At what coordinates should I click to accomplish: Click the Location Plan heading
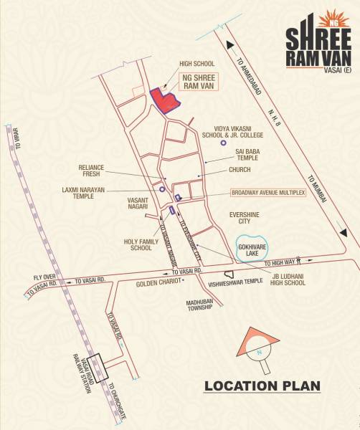(x=262, y=387)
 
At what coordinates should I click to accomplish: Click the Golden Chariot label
(x=157, y=283)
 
